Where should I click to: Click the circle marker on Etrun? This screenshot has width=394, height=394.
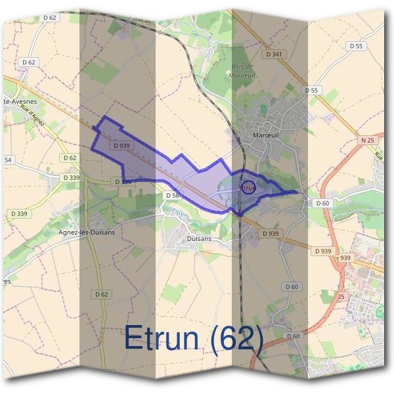248,187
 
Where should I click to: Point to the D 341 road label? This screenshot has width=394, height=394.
274,54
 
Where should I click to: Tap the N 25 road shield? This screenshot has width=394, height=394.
366,141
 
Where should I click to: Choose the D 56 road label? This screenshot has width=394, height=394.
173,195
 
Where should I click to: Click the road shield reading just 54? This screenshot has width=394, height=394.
8,160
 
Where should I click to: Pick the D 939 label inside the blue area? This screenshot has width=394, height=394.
121,145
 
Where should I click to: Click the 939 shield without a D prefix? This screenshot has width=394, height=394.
345,258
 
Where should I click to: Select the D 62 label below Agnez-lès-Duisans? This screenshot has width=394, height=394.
100,294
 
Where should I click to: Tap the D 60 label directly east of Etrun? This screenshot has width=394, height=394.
322,204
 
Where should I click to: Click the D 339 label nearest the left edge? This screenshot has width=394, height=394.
18,213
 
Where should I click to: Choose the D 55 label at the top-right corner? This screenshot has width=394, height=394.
356,46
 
